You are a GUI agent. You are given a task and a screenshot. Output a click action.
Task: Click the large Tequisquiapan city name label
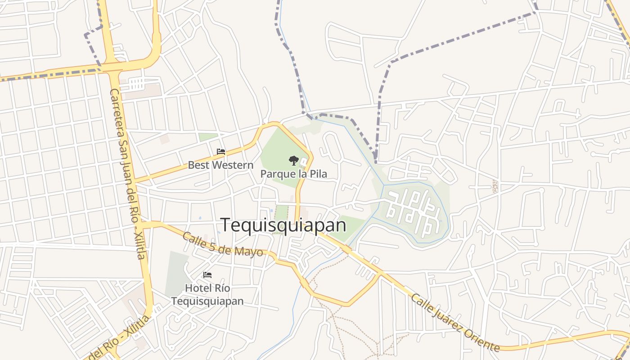(x=283, y=225)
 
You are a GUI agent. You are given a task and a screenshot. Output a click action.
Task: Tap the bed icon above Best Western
(x=220, y=152)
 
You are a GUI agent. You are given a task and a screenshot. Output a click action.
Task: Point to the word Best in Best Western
(x=198, y=165)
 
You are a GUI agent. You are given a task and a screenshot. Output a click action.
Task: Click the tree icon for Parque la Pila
(x=293, y=160)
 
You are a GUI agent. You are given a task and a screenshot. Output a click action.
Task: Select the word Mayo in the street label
(x=252, y=251)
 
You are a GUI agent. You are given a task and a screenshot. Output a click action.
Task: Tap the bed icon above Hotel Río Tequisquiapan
(x=207, y=275)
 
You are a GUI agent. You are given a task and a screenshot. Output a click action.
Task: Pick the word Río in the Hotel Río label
(x=223, y=288)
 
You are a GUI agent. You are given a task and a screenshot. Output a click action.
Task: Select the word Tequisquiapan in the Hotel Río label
(x=207, y=301)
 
